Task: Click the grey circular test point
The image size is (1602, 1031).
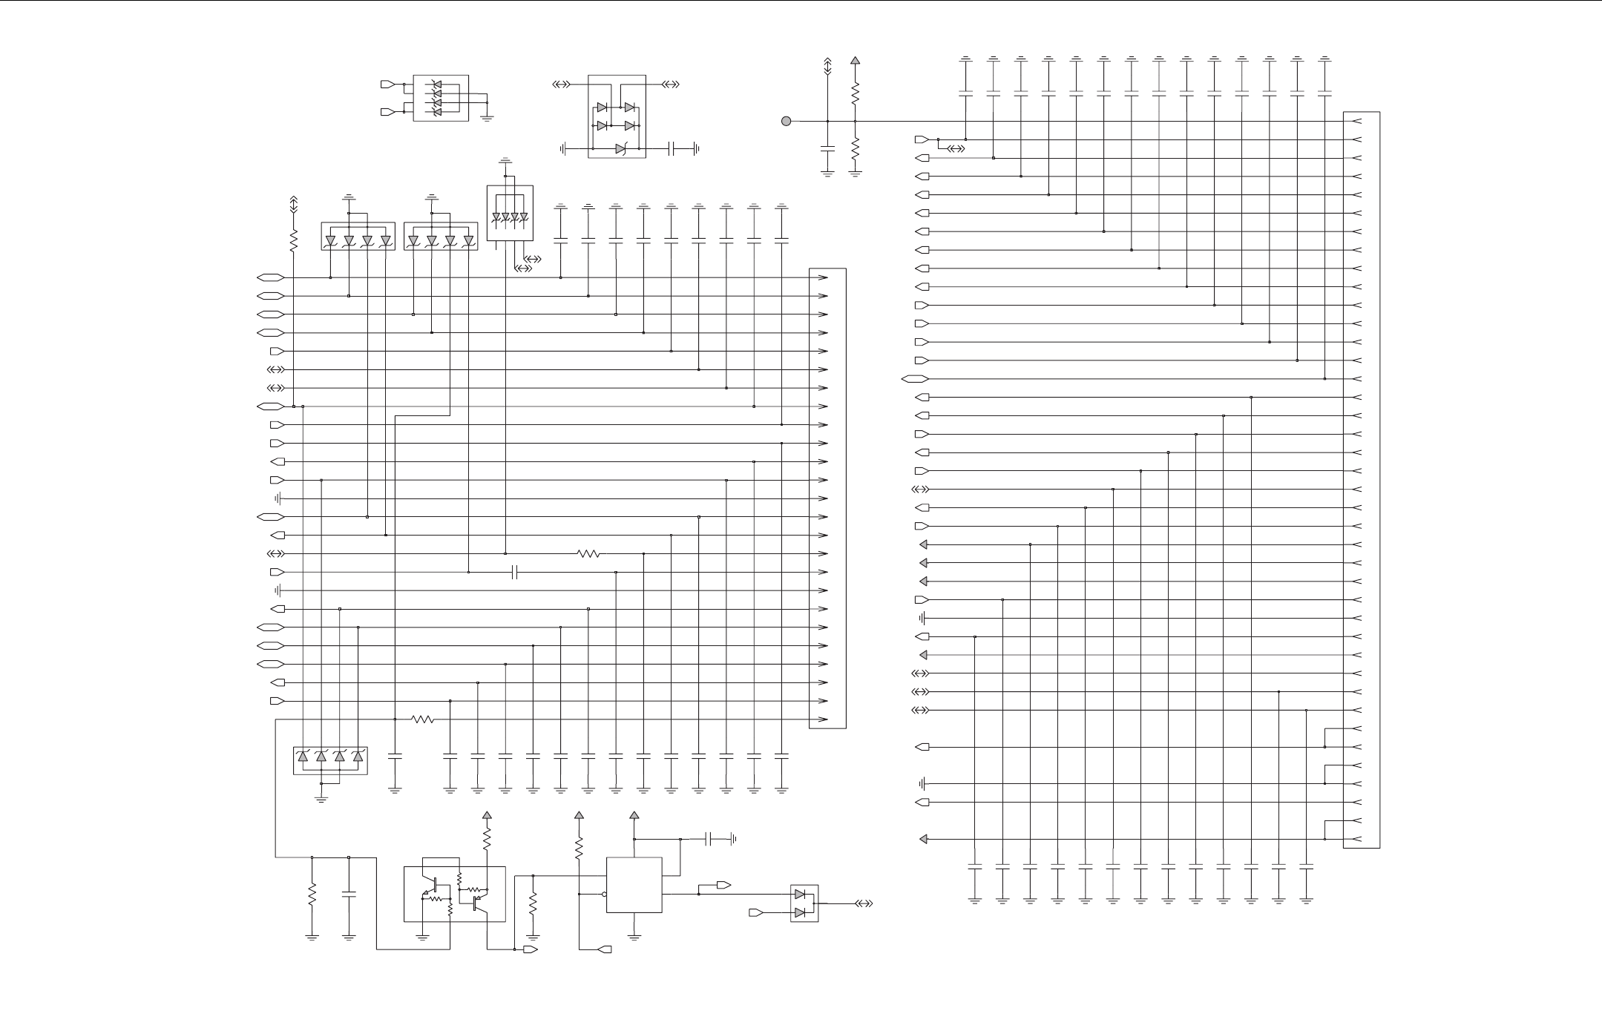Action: click(786, 121)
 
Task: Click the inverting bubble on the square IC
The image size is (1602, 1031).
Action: click(605, 894)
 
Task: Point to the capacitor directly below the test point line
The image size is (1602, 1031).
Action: click(827, 149)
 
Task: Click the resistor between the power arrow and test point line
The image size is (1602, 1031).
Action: click(855, 93)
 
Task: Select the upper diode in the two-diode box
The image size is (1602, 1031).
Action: click(800, 894)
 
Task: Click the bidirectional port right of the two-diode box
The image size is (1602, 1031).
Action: click(864, 903)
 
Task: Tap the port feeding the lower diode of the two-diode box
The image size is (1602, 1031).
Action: click(755, 912)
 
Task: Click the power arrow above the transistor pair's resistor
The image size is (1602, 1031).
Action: click(487, 815)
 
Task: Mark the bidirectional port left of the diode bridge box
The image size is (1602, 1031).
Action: click(562, 85)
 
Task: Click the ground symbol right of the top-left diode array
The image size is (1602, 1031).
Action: click(487, 117)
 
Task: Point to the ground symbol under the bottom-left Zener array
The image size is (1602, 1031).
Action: click(321, 800)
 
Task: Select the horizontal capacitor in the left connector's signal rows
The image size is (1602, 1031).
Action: click(515, 572)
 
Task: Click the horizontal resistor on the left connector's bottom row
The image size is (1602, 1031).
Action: click(423, 719)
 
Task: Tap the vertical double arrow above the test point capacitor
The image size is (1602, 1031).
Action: click(827, 66)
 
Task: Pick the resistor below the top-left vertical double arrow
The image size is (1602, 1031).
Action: click(293, 240)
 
